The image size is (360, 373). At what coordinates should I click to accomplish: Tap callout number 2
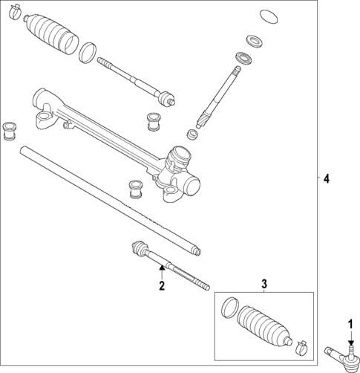click(160, 284)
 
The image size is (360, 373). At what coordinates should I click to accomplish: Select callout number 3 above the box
click(264, 284)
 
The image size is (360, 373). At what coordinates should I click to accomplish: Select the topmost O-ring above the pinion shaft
click(269, 16)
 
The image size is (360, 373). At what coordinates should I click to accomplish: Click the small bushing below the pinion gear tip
click(193, 135)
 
